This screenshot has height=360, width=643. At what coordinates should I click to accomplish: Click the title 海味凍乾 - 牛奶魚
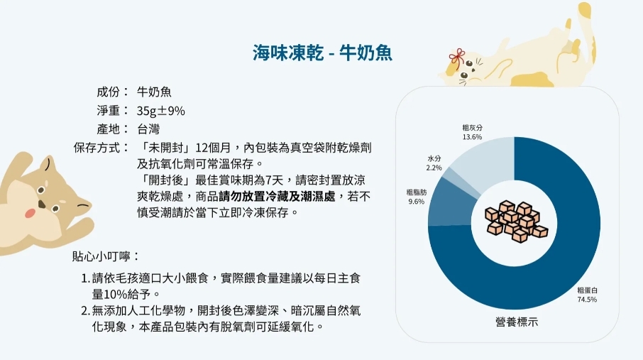[322, 53]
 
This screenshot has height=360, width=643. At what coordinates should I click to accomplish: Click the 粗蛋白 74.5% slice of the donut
[574, 263]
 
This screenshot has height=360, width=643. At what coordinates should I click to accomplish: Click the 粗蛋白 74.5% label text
[587, 295]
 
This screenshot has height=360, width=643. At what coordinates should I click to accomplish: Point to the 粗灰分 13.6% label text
[473, 132]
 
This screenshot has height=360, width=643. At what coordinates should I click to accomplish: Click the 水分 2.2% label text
[434, 163]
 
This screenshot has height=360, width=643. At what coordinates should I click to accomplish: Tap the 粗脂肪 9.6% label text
[416, 197]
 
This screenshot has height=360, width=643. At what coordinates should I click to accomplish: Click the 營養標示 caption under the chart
[516, 322]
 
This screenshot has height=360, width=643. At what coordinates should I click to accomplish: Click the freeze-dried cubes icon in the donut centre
[515, 222]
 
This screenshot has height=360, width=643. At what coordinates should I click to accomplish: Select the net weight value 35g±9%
[160, 111]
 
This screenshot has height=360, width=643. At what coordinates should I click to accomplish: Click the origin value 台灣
[148, 129]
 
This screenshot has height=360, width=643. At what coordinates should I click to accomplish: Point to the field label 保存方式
[97, 148]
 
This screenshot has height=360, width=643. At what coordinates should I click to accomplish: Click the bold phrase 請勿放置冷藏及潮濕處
[277, 197]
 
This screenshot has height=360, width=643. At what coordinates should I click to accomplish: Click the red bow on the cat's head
[457, 58]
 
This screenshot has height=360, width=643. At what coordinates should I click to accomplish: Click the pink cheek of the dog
[30, 213]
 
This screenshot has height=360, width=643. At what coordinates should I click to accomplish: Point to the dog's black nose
[41, 204]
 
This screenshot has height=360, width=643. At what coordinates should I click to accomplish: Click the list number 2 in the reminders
[84, 311]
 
